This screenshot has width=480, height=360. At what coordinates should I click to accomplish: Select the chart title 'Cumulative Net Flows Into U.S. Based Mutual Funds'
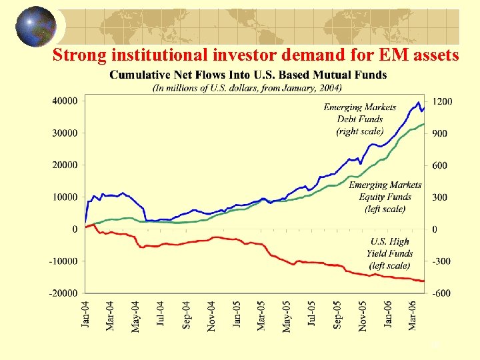[248, 75]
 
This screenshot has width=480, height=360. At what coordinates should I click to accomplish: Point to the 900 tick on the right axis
[441, 133]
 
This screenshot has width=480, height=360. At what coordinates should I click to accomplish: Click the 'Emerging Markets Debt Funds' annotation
[359, 119]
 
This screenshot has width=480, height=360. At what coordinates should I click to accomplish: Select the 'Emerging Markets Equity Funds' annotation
[385, 197]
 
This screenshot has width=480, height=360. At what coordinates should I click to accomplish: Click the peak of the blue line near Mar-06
[418, 103]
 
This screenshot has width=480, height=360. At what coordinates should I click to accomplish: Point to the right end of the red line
[423, 281]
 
